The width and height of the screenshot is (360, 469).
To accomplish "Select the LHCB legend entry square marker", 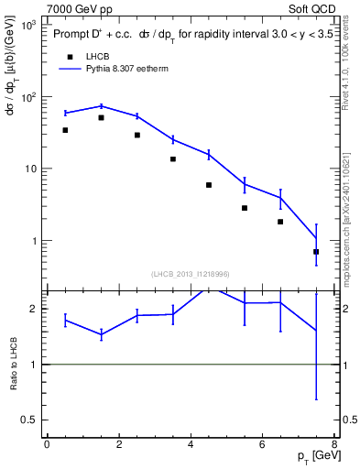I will coord(66,56).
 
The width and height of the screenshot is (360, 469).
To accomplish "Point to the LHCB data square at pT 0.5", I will coord(65,130).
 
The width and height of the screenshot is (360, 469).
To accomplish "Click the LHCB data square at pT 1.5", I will coord(101,117).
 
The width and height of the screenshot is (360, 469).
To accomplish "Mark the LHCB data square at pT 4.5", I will coord(209,185).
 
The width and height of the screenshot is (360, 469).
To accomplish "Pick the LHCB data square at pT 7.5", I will coord(316,251).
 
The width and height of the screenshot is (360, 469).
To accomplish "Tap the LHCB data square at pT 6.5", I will coord(280,222).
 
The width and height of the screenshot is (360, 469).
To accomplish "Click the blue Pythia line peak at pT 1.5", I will coord(101,106).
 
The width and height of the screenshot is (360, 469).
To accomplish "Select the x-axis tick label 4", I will coord(191,445).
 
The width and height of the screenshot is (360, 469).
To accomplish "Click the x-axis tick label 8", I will coord(334,445).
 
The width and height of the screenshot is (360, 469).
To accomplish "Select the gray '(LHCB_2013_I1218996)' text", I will coord(191,274).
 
